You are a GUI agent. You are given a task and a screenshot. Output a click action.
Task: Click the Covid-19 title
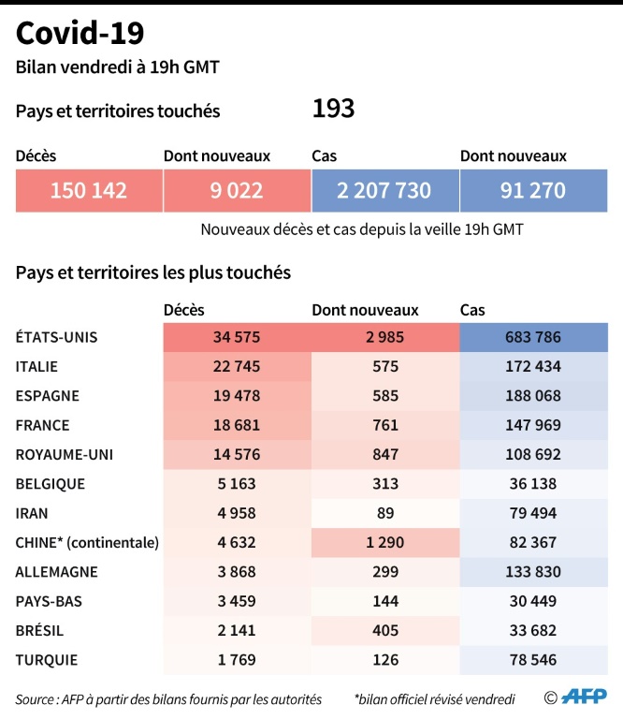tap(80, 34)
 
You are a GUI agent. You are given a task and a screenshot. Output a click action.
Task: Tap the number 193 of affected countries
tap(333, 110)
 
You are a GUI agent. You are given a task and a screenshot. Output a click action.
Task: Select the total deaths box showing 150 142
tap(89, 191)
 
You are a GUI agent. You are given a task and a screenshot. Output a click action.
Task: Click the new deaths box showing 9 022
tap(237, 191)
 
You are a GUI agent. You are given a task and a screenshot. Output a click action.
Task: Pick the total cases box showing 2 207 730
tap(384, 191)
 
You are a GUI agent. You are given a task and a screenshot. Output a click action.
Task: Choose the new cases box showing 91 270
tap(533, 191)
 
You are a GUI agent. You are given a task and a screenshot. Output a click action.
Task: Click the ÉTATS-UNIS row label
tap(57, 337)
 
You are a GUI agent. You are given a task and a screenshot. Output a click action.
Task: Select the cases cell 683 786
tap(533, 338)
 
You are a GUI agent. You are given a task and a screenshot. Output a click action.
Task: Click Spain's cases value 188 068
tap(533, 396)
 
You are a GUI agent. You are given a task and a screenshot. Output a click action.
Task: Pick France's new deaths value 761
tap(385, 425)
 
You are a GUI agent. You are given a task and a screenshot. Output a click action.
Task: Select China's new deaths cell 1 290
tap(385, 542)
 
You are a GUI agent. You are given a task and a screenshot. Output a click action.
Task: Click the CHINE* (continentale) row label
tap(87, 542)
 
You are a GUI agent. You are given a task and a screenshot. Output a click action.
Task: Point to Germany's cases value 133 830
tap(533, 572)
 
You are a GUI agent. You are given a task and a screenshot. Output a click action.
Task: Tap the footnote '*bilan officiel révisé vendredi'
tap(434, 698)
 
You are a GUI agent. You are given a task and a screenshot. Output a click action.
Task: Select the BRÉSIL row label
tap(40, 630)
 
